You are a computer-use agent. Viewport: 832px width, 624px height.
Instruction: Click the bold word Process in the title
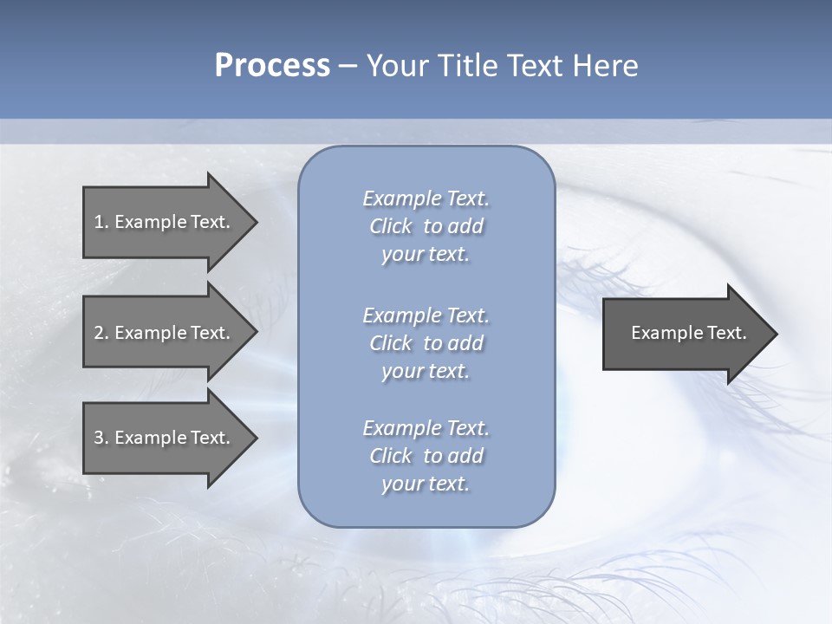click(272, 65)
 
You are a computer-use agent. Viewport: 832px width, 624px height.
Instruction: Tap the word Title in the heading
click(465, 65)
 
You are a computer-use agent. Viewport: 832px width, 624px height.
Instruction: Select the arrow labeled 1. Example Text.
click(162, 222)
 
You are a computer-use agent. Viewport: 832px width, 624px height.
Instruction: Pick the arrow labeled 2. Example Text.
click(162, 333)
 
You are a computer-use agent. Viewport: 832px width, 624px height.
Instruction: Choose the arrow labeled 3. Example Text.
click(162, 438)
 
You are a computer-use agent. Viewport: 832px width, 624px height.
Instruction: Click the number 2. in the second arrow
click(100, 333)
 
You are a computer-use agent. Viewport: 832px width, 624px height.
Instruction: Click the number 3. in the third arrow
click(100, 438)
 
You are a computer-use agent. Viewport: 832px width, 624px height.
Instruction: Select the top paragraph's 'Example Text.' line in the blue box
click(426, 198)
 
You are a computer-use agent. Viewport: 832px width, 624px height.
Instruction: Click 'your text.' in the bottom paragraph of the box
click(426, 484)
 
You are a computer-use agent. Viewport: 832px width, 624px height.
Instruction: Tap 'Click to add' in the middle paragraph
click(426, 343)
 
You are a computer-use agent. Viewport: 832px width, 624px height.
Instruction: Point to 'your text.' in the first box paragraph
click(426, 254)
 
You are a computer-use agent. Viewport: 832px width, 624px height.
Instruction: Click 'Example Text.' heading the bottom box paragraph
click(426, 428)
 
